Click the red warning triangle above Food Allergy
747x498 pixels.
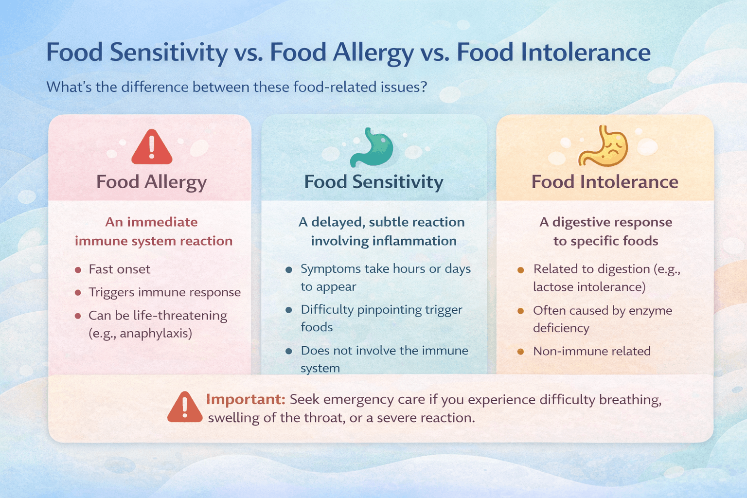tap(152, 148)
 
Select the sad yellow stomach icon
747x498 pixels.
tap(603, 147)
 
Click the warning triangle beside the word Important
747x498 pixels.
tap(185, 408)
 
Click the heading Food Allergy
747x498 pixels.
tap(151, 182)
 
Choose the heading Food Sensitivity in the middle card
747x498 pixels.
tap(373, 182)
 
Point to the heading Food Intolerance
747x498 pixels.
tap(605, 182)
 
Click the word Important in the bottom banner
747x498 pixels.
tap(245, 399)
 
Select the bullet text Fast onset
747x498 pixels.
tap(119, 269)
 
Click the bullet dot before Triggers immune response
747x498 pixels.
tap(78, 293)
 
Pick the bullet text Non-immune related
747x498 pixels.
tap(591, 351)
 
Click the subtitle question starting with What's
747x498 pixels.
tap(236, 87)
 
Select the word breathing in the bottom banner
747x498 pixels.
tap(630, 400)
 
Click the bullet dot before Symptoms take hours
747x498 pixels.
tap(289, 269)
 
